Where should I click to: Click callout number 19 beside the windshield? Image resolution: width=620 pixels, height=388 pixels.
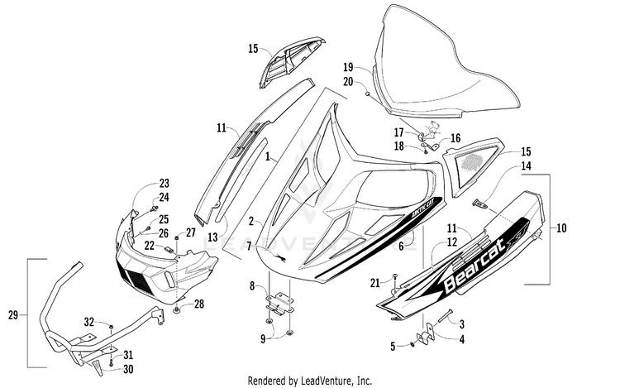[x=348, y=67]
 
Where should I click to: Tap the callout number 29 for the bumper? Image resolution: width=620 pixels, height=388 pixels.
[x=13, y=315]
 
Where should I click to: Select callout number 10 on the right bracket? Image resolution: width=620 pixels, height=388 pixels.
[x=561, y=228]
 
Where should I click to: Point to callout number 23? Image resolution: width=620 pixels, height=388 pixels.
[x=165, y=183]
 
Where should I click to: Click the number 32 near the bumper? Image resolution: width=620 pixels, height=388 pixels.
[x=89, y=323]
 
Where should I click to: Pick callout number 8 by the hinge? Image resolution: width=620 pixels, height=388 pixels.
[x=252, y=285]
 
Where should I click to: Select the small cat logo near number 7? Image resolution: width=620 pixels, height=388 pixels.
[x=282, y=258]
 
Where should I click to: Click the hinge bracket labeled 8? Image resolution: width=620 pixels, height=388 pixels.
[x=279, y=304]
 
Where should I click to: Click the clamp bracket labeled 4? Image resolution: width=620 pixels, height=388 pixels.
[x=426, y=336]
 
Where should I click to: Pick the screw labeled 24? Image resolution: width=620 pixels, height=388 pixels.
[x=154, y=208]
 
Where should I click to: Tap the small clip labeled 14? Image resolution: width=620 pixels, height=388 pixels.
[x=480, y=204]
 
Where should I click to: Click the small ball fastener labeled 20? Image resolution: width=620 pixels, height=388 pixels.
[x=367, y=93]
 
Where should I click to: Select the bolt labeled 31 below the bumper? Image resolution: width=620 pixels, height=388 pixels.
[x=111, y=361]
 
